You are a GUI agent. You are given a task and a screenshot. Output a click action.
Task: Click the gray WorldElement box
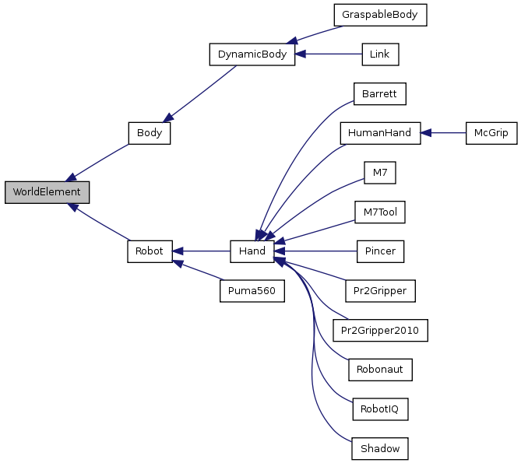47,192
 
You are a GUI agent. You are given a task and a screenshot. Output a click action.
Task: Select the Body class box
149,132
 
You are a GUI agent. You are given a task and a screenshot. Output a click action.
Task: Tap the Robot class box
149,251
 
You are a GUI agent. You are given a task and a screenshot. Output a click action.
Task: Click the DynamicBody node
252,54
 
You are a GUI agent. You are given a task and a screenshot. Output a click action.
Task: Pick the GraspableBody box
380,15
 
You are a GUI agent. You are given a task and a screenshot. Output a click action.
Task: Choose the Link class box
380,54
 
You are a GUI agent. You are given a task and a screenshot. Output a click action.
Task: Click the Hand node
252,251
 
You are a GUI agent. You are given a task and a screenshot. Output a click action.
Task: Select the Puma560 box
252,291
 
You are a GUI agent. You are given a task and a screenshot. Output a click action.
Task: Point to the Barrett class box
380,93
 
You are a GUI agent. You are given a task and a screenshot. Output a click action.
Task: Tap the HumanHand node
380,133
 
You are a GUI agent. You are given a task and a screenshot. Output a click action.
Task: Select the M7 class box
380,172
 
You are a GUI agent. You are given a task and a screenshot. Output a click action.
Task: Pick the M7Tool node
380,212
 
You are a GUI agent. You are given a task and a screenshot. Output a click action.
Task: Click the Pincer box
380,251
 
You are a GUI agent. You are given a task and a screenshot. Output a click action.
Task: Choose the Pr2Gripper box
380,291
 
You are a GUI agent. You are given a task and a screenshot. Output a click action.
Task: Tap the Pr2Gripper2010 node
380,330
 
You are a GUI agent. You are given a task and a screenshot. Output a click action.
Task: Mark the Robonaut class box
380,370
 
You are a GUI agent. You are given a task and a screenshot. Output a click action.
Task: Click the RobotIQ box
380,409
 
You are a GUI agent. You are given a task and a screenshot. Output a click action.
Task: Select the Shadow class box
380,448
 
